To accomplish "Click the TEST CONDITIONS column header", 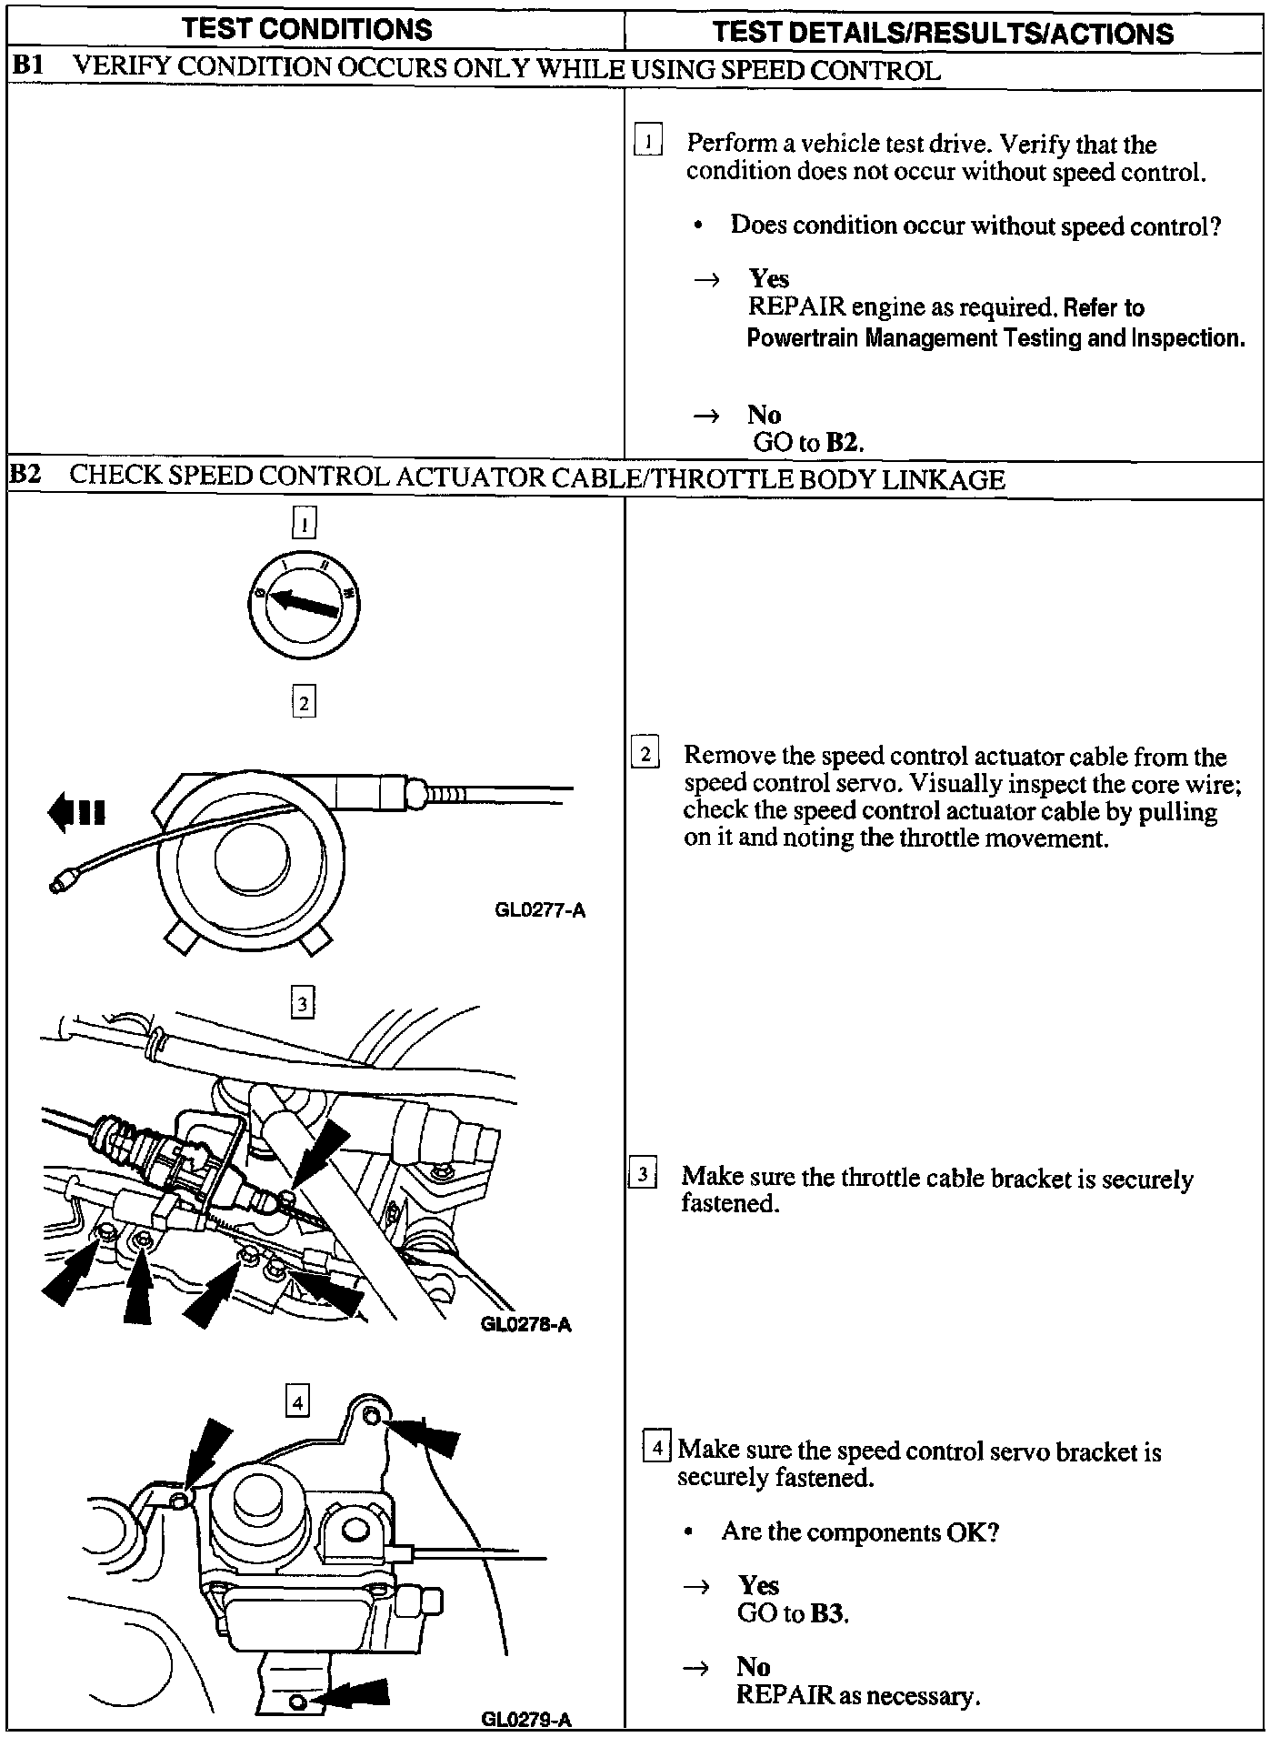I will pyautogui.click(x=307, y=29).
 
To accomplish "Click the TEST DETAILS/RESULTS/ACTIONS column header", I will pyautogui.click(x=943, y=33).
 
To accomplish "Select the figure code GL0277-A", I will pyautogui.click(x=540, y=910).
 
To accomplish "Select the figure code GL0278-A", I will pyautogui.click(x=526, y=1325).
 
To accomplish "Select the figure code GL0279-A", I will pyautogui.click(x=526, y=1719).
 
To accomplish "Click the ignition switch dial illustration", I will pyautogui.click(x=304, y=601).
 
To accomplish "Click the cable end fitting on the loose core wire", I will pyautogui.click(x=64, y=880).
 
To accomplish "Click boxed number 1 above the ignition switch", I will pyautogui.click(x=304, y=522).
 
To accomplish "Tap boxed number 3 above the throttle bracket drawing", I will pyautogui.click(x=302, y=1003).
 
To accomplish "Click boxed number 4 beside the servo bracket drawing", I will pyautogui.click(x=297, y=1401).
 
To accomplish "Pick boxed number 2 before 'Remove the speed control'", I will pyautogui.click(x=645, y=754).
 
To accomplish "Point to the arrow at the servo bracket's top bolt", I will pyautogui.click(x=427, y=1434).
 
